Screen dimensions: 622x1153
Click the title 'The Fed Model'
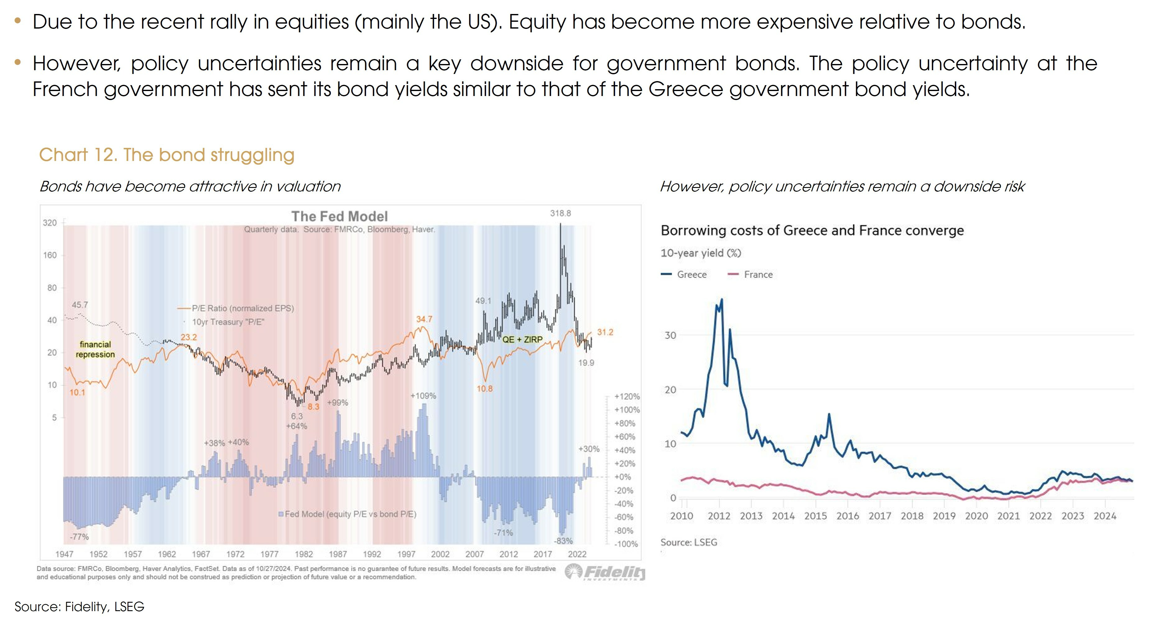coord(339,217)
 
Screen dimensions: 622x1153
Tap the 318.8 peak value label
coord(560,213)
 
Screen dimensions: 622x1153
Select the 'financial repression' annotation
coord(95,349)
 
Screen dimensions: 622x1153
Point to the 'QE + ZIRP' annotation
coord(522,339)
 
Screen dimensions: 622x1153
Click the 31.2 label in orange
coord(605,332)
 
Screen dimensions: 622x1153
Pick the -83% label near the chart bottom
coord(563,541)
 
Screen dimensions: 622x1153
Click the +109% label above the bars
coord(423,396)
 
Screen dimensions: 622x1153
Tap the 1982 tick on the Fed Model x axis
coord(303,554)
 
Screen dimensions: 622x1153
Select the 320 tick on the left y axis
coord(50,223)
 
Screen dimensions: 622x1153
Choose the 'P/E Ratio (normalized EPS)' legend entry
coord(243,308)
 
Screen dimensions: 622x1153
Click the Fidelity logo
coord(605,572)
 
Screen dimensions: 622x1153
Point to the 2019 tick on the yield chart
coord(944,516)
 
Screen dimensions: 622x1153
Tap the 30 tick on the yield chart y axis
coord(670,335)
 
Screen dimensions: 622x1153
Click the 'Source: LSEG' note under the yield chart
coord(688,542)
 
